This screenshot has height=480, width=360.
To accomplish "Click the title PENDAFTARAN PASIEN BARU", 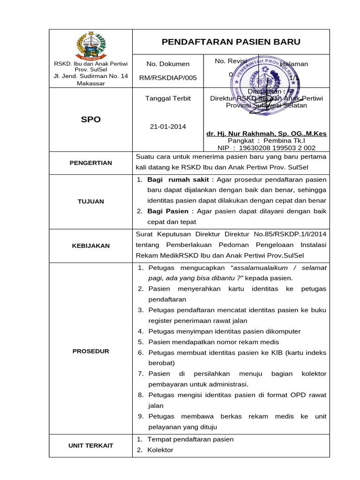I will [231, 42].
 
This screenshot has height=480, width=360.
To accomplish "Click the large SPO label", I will [91, 120].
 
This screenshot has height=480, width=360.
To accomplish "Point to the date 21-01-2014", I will [168, 127].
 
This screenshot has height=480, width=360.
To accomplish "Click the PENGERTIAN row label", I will [91, 163].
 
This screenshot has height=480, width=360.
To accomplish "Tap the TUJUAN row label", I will [91, 202].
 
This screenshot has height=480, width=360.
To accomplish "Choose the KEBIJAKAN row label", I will [91, 246].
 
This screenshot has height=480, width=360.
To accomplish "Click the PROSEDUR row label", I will [91, 351].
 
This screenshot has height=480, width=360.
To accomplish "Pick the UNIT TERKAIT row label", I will [91, 445].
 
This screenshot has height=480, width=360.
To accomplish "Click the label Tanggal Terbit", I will [168, 98].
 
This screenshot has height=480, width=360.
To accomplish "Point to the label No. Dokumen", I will [168, 64].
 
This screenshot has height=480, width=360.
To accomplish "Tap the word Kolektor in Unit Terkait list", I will [160, 450].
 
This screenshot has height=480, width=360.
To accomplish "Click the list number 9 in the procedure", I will [140, 416].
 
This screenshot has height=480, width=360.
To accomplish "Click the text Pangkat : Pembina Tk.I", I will [266, 141].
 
